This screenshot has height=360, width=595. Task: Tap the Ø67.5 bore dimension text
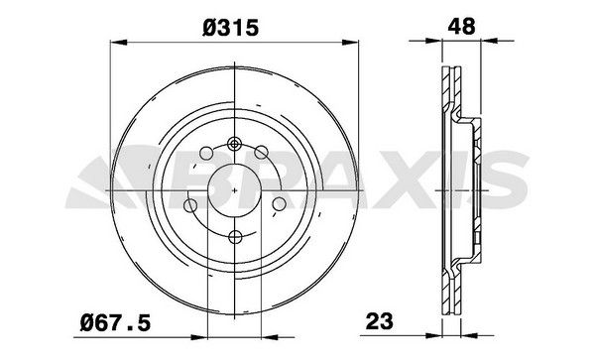[x=116, y=321]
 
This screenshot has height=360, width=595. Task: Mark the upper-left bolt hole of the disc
[x=206, y=154]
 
